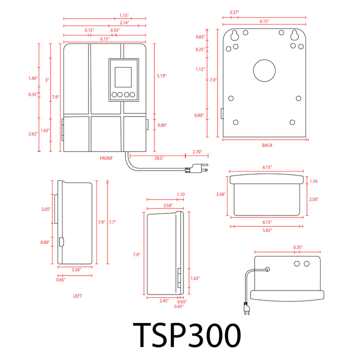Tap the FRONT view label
pos(106,158)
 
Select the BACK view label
pos(267,145)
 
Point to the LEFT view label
pos(77,296)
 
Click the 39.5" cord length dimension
pos(159,158)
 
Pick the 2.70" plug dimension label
pos(197,152)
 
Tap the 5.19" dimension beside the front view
pos(161,75)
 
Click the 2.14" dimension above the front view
pos(124,22)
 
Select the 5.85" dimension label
pos(267,230)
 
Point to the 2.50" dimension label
pos(313,199)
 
